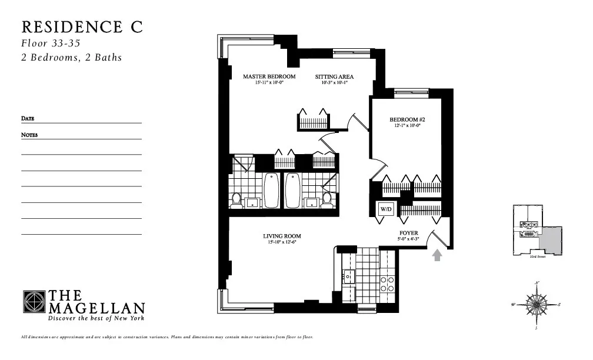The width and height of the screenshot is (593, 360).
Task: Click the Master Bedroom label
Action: pos(269,76)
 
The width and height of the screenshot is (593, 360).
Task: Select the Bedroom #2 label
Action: pos(403,120)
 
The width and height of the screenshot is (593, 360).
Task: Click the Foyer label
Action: pos(408,233)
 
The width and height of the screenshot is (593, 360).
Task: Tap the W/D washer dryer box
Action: pos(385,209)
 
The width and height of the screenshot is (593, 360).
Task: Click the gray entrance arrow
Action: pos(437,255)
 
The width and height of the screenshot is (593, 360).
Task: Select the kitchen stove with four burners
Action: pos(387,284)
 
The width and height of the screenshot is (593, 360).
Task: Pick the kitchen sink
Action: pos(348,276)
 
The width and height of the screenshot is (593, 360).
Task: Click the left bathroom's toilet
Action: pos(236,200)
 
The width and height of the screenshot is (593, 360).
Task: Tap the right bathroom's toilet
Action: pos(327,200)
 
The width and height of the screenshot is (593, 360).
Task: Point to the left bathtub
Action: pos(271,190)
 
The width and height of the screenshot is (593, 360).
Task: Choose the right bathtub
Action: pos(292,190)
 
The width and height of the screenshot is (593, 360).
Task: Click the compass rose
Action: pos(536,305)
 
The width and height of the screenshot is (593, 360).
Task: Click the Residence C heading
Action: pos(82,27)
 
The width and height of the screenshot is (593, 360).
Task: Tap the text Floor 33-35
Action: pos(51,44)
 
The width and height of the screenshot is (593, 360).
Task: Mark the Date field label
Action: pos(28,119)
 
